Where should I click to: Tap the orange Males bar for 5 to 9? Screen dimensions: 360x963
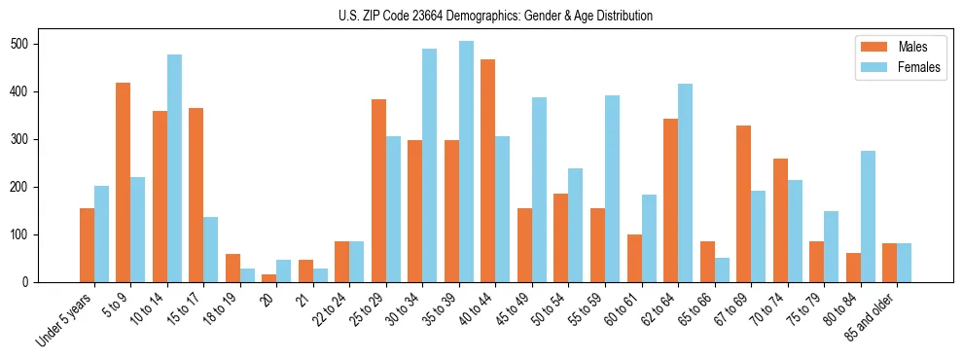(124, 183)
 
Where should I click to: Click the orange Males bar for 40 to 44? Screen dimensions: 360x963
(488, 171)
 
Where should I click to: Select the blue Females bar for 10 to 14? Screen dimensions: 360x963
(174, 168)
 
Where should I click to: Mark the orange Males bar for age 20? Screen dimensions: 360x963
(269, 278)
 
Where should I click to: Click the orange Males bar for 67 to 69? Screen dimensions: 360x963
(743, 204)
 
